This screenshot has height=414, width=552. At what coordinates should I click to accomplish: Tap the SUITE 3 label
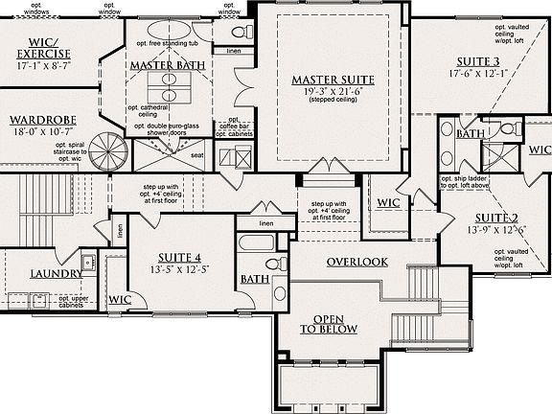click(476, 60)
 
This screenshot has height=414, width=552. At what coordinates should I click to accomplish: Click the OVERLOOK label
click(356, 262)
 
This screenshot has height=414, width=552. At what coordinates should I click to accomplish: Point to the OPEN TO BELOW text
click(328, 324)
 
